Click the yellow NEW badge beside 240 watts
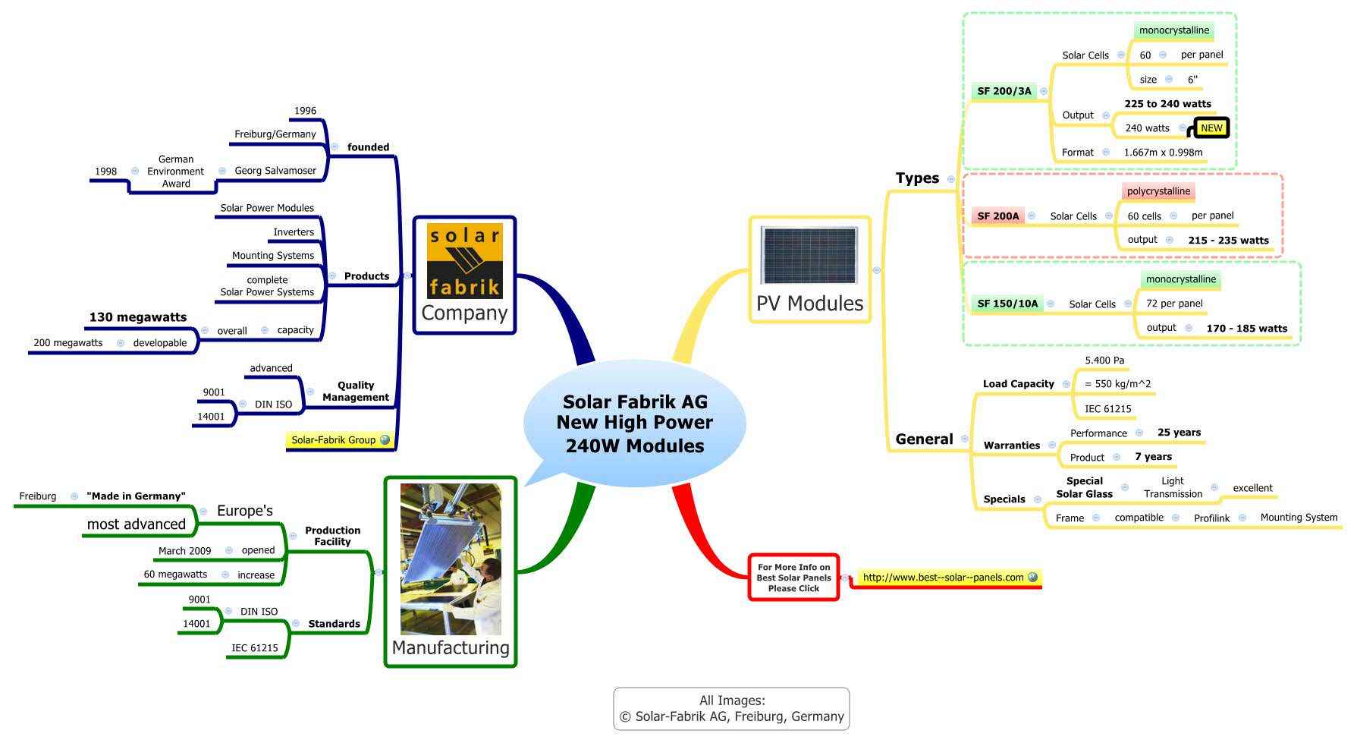pos(1211,128)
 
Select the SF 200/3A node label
pos(1004,91)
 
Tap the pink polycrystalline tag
pos(1158,191)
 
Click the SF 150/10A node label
pos(1007,304)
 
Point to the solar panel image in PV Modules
pos(809,257)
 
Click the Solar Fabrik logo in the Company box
pos(464,260)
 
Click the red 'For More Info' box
pos(793,578)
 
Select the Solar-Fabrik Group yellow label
pos(334,440)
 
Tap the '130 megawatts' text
pos(138,317)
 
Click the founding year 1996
pos(305,111)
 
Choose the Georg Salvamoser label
pos(275,171)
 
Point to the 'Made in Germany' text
pos(136,496)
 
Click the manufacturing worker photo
pos(451,559)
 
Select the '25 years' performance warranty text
pos(1179,433)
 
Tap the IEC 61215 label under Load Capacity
pos(1107,409)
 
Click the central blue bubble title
pos(635,423)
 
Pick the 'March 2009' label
pos(184,551)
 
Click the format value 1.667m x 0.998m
pos(1163,153)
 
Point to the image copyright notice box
pos(731,709)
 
